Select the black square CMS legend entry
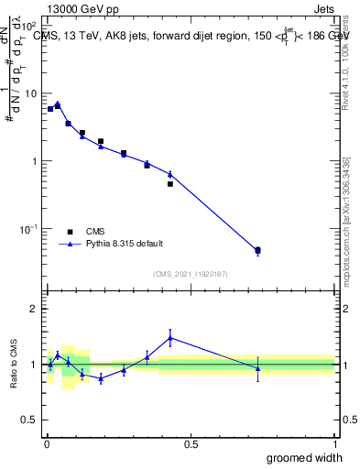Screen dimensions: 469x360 tap(70, 231)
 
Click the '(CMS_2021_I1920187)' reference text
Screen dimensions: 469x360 tap(191, 273)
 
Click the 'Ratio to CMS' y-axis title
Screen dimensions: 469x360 tap(12, 364)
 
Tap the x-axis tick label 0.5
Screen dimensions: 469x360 tap(191, 445)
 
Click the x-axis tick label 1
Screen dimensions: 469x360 tap(334, 445)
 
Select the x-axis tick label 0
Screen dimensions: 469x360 tap(47, 445)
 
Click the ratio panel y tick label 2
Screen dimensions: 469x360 tap(34, 309)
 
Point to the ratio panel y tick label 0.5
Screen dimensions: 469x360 tap(29, 420)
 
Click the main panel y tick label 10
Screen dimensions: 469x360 tap(29, 93)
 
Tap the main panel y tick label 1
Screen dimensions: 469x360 tap(34, 161)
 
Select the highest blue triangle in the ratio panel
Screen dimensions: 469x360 tap(169, 338)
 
